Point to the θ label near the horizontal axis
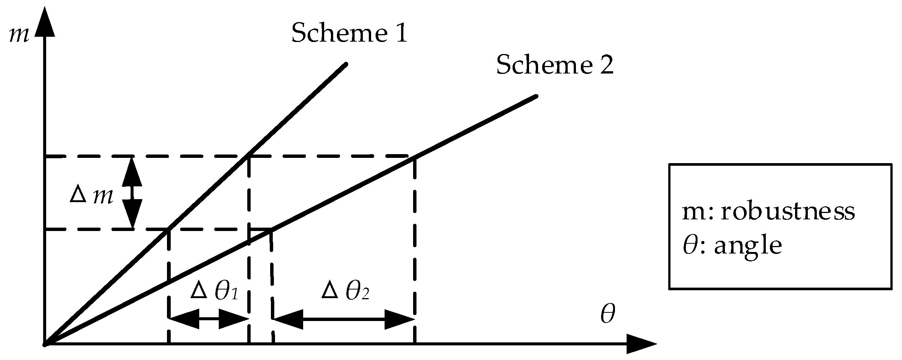pos(607,314)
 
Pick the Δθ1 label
pos(214,291)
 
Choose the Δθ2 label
pos(345,291)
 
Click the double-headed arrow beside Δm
pos(132,192)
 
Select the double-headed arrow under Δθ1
pos(209,319)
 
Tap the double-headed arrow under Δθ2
pos(344,319)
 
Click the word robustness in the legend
pos(788,212)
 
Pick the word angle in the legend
pos(748,246)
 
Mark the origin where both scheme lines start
pos(45,343)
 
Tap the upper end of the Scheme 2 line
pos(536,97)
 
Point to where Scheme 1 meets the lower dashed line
pos(168,229)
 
